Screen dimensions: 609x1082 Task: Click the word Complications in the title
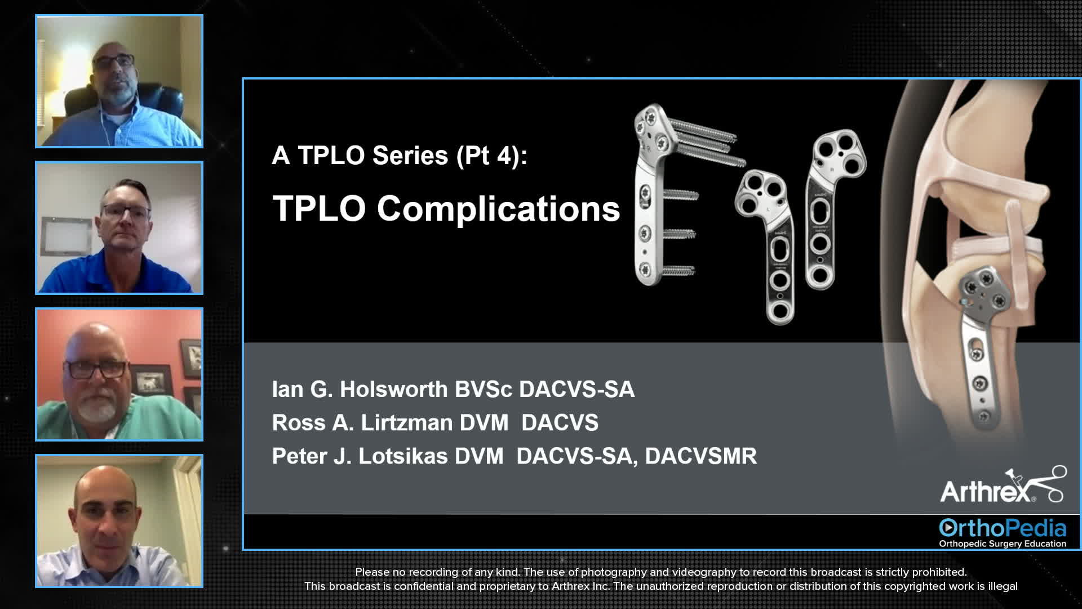[x=498, y=209]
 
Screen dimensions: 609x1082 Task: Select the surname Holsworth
[x=393, y=390]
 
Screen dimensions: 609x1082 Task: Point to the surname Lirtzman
[x=406, y=423]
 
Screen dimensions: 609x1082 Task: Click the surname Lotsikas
[x=403, y=456]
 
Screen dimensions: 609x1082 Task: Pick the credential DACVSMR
[x=700, y=456]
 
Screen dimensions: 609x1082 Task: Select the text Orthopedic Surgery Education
[x=1002, y=544]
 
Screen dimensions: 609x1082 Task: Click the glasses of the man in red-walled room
[x=96, y=369]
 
